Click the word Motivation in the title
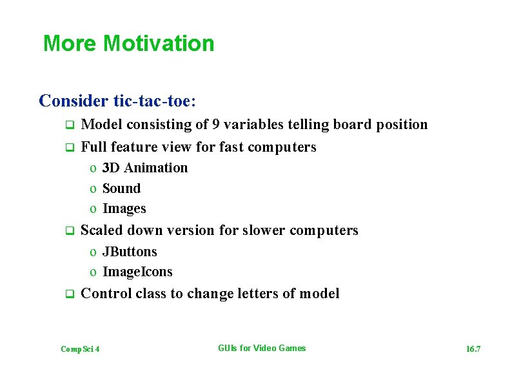[x=158, y=44]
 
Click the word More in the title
[x=70, y=44]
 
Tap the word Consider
[x=74, y=101]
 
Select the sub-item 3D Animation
[x=144, y=168]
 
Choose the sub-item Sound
[x=121, y=188]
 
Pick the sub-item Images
[x=124, y=208]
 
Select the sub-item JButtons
[x=130, y=252]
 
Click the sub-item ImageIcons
[x=137, y=272]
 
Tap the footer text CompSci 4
[x=80, y=349]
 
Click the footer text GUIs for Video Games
[x=262, y=349]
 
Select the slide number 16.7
[x=473, y=349]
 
